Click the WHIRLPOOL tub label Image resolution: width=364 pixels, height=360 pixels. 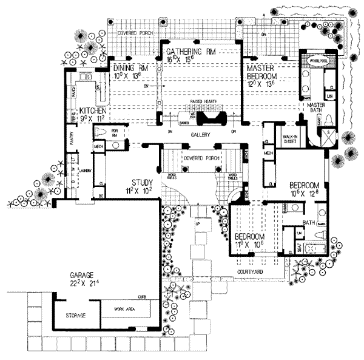(x=318, y=61)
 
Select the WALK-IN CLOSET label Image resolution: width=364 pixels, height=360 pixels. (x=292, y=141)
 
